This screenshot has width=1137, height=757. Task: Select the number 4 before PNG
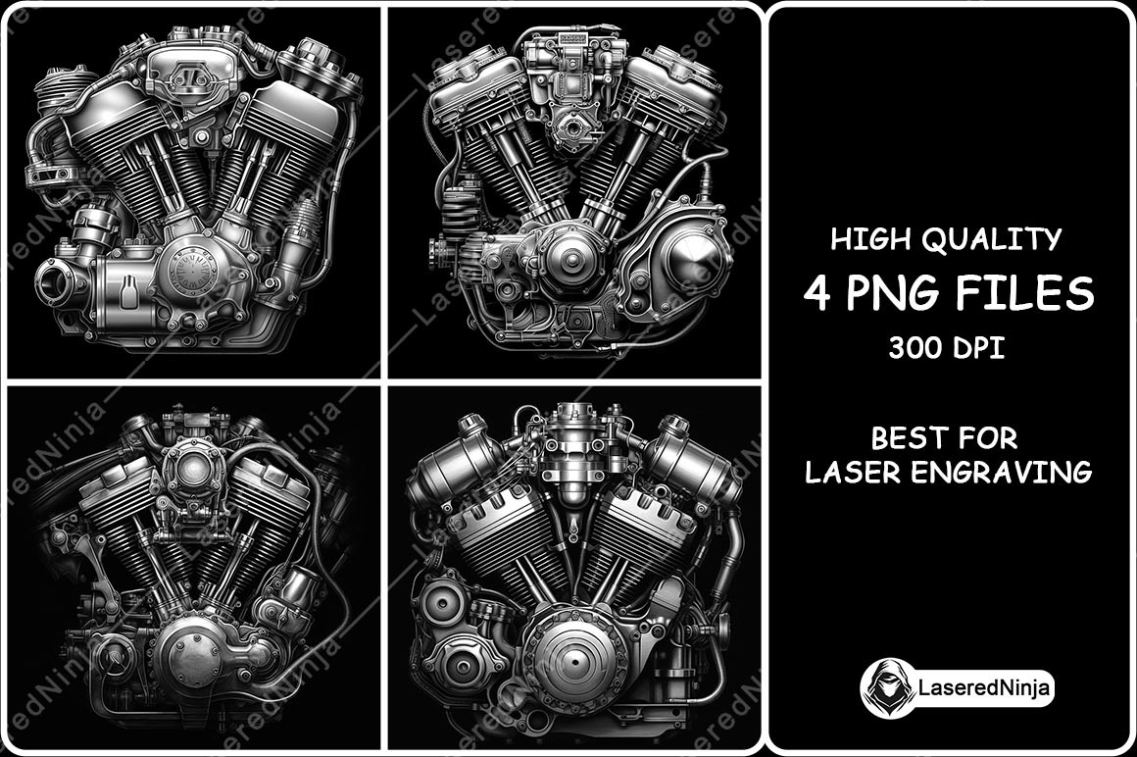[816, 293]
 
